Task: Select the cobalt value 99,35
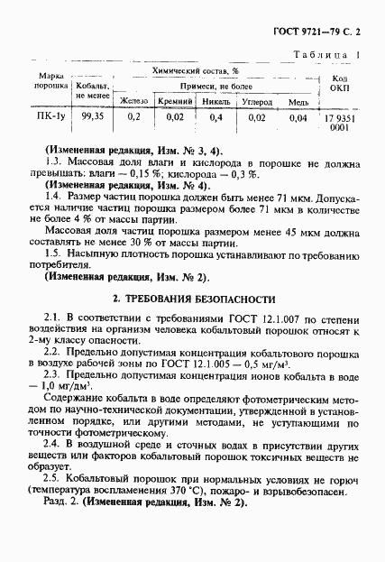(x=93, y=117)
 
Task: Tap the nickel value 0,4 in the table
(x=216, y=117)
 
